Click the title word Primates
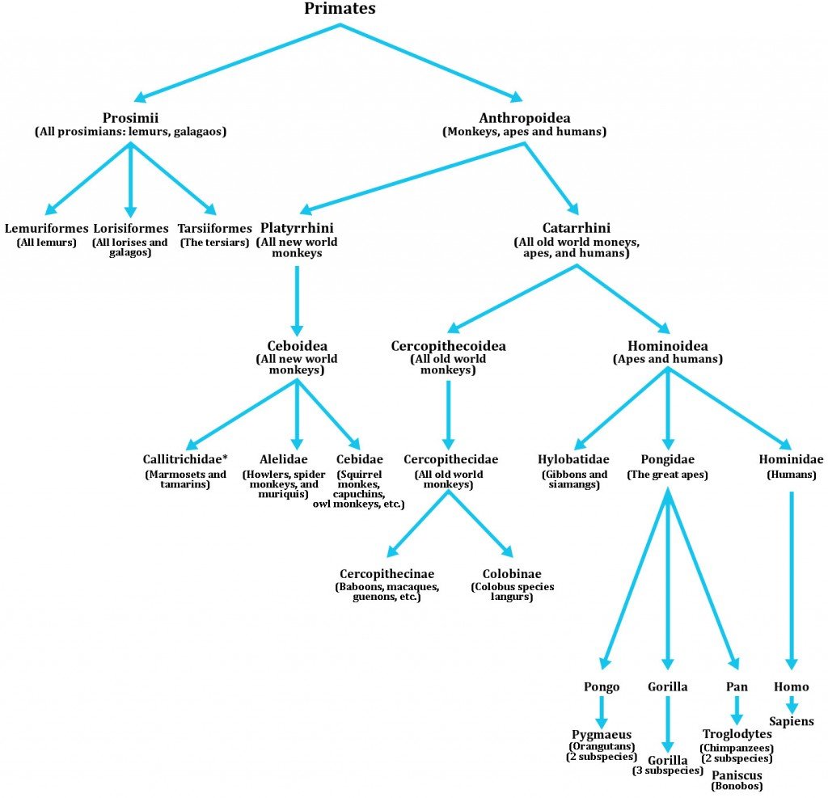point(340,9)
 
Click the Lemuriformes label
point(46,228)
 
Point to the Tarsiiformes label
point(214,228)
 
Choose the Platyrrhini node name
point(297,228)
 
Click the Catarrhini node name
point(577,228)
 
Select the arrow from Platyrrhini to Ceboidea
point(297,299)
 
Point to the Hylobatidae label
point(574,459)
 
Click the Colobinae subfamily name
point(513,572)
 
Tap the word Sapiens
point(792,721)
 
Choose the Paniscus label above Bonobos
point(737,775)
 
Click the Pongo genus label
point(602,686)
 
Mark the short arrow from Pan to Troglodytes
point(737,710)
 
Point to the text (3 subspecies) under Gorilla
point(667,771)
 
